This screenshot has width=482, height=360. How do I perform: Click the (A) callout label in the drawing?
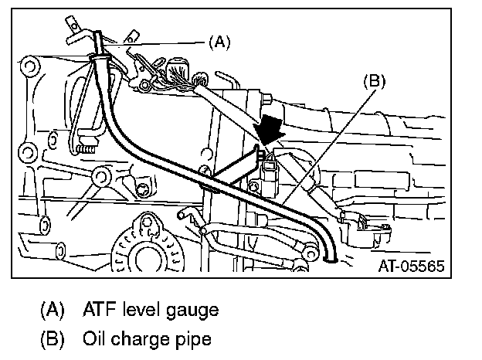click(x=219, y=43)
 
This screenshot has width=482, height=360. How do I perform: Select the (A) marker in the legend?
click(x=53, y=311)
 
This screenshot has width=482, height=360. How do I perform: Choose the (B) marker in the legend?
click(x=53, y=338)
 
